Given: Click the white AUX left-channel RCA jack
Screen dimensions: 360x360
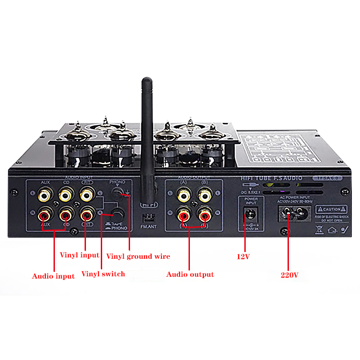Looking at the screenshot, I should pos(44,195).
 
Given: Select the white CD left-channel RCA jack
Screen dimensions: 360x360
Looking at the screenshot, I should pos(66,195).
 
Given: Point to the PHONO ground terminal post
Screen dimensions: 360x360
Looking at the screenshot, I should pos(117,194).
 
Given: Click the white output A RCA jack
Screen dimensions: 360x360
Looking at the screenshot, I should pos(183,195).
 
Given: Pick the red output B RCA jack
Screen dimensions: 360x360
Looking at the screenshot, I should pos(204,216).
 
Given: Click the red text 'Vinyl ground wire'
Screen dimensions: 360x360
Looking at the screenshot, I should pos(138,256).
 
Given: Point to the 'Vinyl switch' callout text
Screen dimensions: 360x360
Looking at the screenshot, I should pos(103,274).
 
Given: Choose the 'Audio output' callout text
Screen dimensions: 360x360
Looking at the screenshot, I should pos(190,274).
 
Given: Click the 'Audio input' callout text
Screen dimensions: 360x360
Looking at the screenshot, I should pos(53,276).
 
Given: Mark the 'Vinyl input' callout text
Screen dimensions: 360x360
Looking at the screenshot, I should pos(80,255).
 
